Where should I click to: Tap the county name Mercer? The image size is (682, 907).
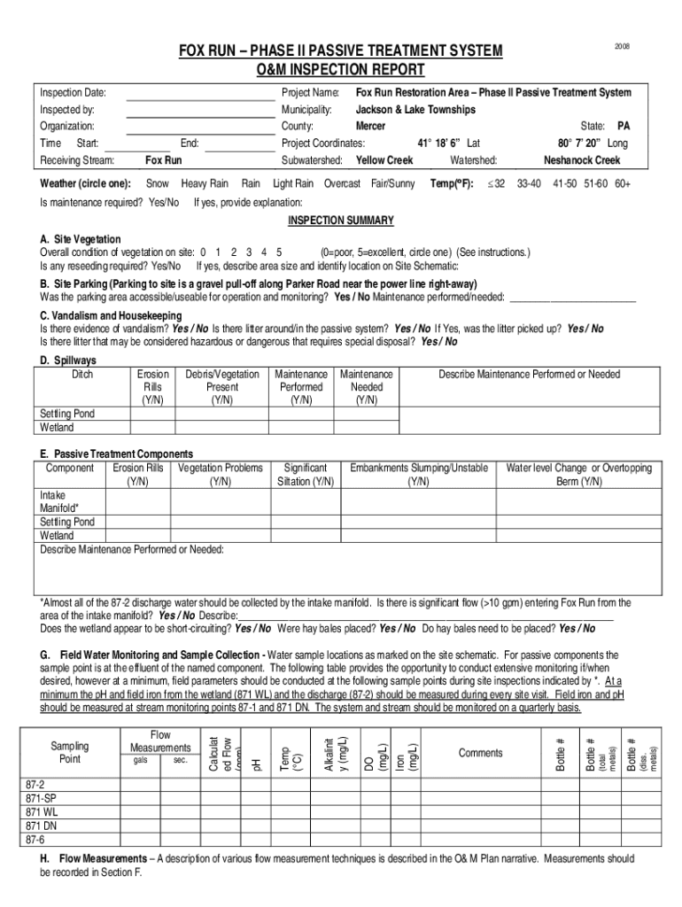[370, 127]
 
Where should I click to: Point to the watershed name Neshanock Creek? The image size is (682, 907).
[582, 160]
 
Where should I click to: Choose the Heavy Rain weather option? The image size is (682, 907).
[205, 183]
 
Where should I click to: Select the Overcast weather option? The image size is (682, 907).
[342, 183]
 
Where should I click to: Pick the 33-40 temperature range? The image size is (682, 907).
[529, 183]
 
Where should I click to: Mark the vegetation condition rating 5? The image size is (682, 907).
[279, 252]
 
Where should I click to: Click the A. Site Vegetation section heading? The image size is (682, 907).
[81, 240]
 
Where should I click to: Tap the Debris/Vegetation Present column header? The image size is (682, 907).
[222, 387]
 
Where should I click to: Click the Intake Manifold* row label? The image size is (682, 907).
[60, 502]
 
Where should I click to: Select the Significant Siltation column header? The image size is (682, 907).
[305, 475]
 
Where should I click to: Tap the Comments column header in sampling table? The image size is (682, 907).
[480, 753]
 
